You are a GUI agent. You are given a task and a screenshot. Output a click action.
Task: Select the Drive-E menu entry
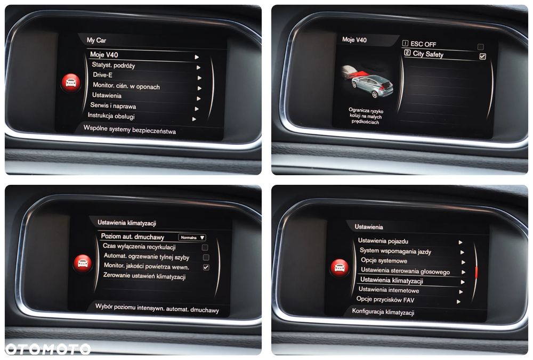102,75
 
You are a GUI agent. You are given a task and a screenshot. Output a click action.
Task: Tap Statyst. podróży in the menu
114,65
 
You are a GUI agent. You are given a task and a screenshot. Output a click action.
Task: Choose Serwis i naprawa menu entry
113,106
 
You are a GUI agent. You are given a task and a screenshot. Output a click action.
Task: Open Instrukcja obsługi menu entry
111,116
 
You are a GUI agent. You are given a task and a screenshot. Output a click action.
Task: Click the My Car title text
96,40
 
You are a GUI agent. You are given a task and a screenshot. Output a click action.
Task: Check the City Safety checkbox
482,56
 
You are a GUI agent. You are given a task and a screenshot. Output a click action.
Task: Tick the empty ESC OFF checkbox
481,46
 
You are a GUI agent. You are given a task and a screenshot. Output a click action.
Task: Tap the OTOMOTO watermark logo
48,348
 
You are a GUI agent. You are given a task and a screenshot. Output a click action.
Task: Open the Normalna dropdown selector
192,238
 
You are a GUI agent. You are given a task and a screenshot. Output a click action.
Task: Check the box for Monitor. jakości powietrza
206,267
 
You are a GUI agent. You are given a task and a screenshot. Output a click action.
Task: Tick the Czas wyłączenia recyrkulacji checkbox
205,247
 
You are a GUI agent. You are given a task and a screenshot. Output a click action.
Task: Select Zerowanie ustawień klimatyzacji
144,276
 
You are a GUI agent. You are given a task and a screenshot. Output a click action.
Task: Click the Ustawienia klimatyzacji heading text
127,223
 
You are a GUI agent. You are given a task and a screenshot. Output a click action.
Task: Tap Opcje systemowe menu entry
384,261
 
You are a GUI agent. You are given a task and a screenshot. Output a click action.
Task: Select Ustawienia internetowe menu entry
389,290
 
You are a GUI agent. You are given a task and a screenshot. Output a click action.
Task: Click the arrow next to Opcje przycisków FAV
458,301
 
